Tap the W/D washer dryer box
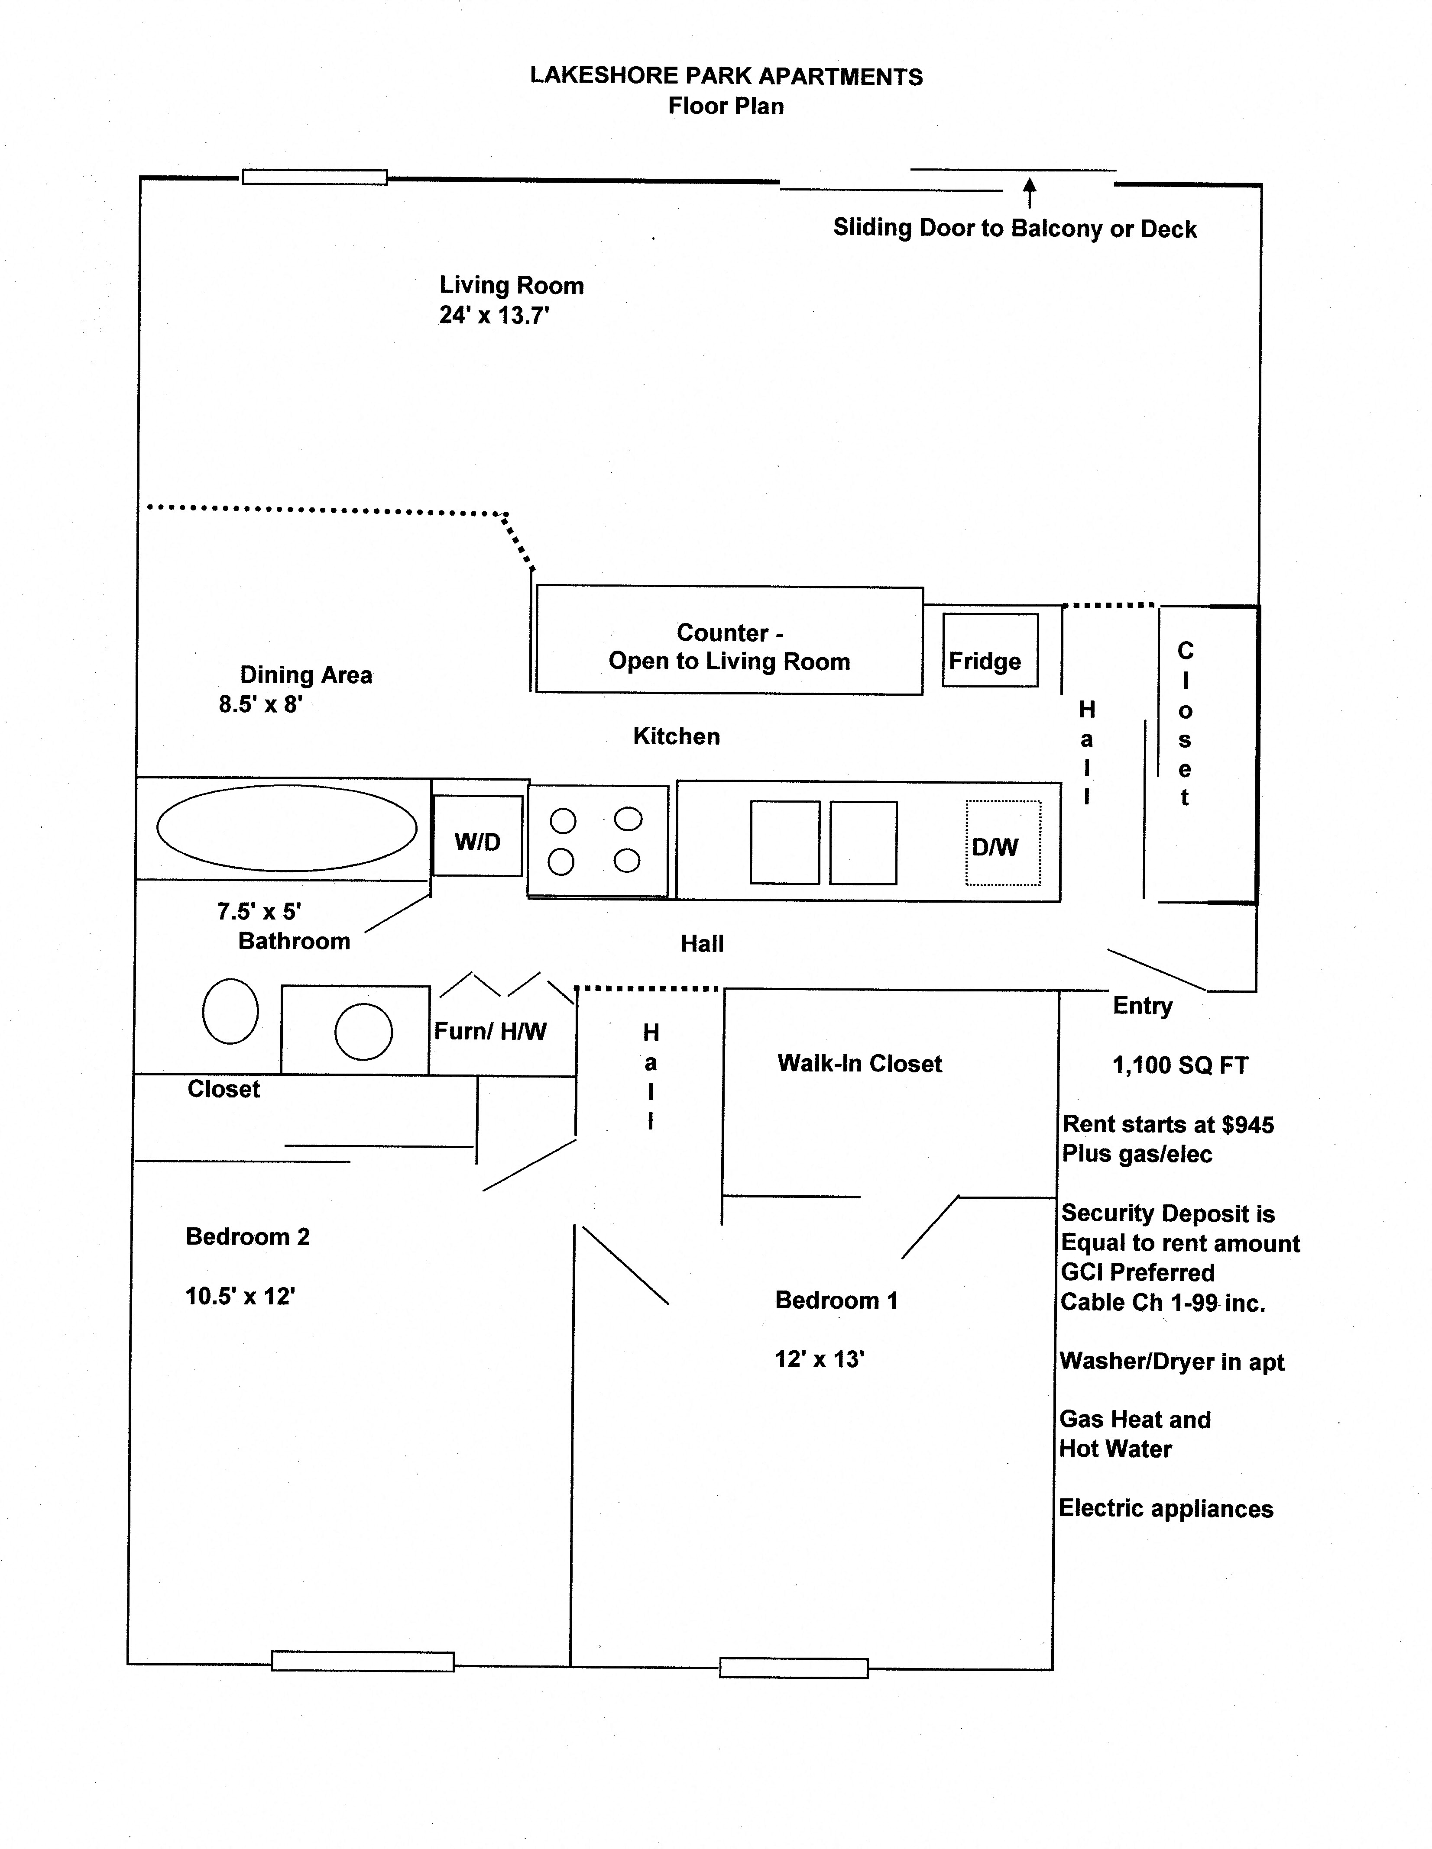(478, 836)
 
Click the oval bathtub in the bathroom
(287, 828)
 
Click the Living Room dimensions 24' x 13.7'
(494, 316)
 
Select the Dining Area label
(306, 675)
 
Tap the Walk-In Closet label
(859, 1063)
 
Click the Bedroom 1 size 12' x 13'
(819, 1359)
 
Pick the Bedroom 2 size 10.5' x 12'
(240, 1296)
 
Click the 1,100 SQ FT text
(1179, 1065)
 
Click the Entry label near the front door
(1142, 1006)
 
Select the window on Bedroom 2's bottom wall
(363, 1661)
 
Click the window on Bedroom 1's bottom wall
(794, 1668)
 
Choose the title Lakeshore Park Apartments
(726, 76)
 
